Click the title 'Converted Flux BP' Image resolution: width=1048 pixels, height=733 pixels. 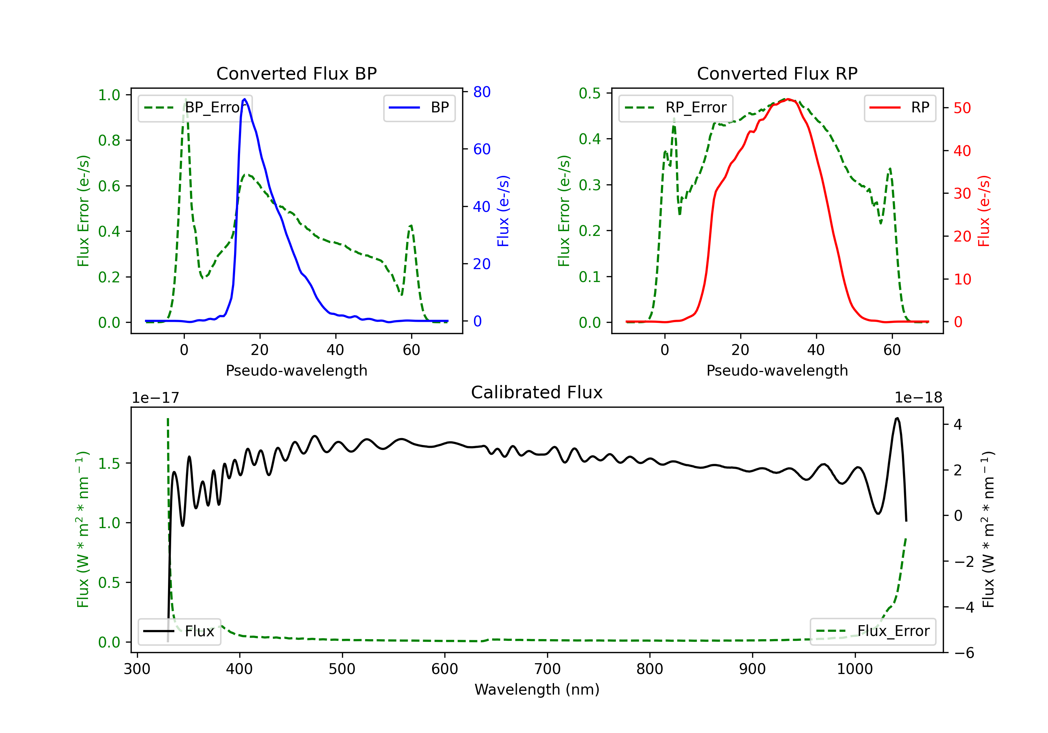coord(296,73)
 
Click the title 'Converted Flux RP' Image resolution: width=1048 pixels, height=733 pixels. coord(777,73)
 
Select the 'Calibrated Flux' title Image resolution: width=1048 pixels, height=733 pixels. coord(537,392)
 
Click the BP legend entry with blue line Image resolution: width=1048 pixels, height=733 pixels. coord(419,108)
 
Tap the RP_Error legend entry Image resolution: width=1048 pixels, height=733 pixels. coord(676,108)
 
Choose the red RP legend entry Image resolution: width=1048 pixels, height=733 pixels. coord(900,108)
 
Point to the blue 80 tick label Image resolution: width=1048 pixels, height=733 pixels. coord(482,92)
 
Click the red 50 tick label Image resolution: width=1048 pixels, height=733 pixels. coord(962,108)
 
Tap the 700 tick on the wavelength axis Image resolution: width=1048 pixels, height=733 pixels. coord(547,669)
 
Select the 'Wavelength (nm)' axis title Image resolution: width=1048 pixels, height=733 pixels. coord(537,689)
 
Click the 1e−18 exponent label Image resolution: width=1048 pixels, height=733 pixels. coord(918,398)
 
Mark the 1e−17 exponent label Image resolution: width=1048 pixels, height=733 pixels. coord(156,398)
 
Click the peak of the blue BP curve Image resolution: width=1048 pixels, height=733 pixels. coord(245,99)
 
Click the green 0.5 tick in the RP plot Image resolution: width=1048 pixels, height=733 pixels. coord(589,93)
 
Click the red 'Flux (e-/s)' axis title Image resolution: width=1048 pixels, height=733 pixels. coord(984,211)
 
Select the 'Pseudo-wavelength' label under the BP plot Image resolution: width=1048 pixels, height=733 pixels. coord(297,370)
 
